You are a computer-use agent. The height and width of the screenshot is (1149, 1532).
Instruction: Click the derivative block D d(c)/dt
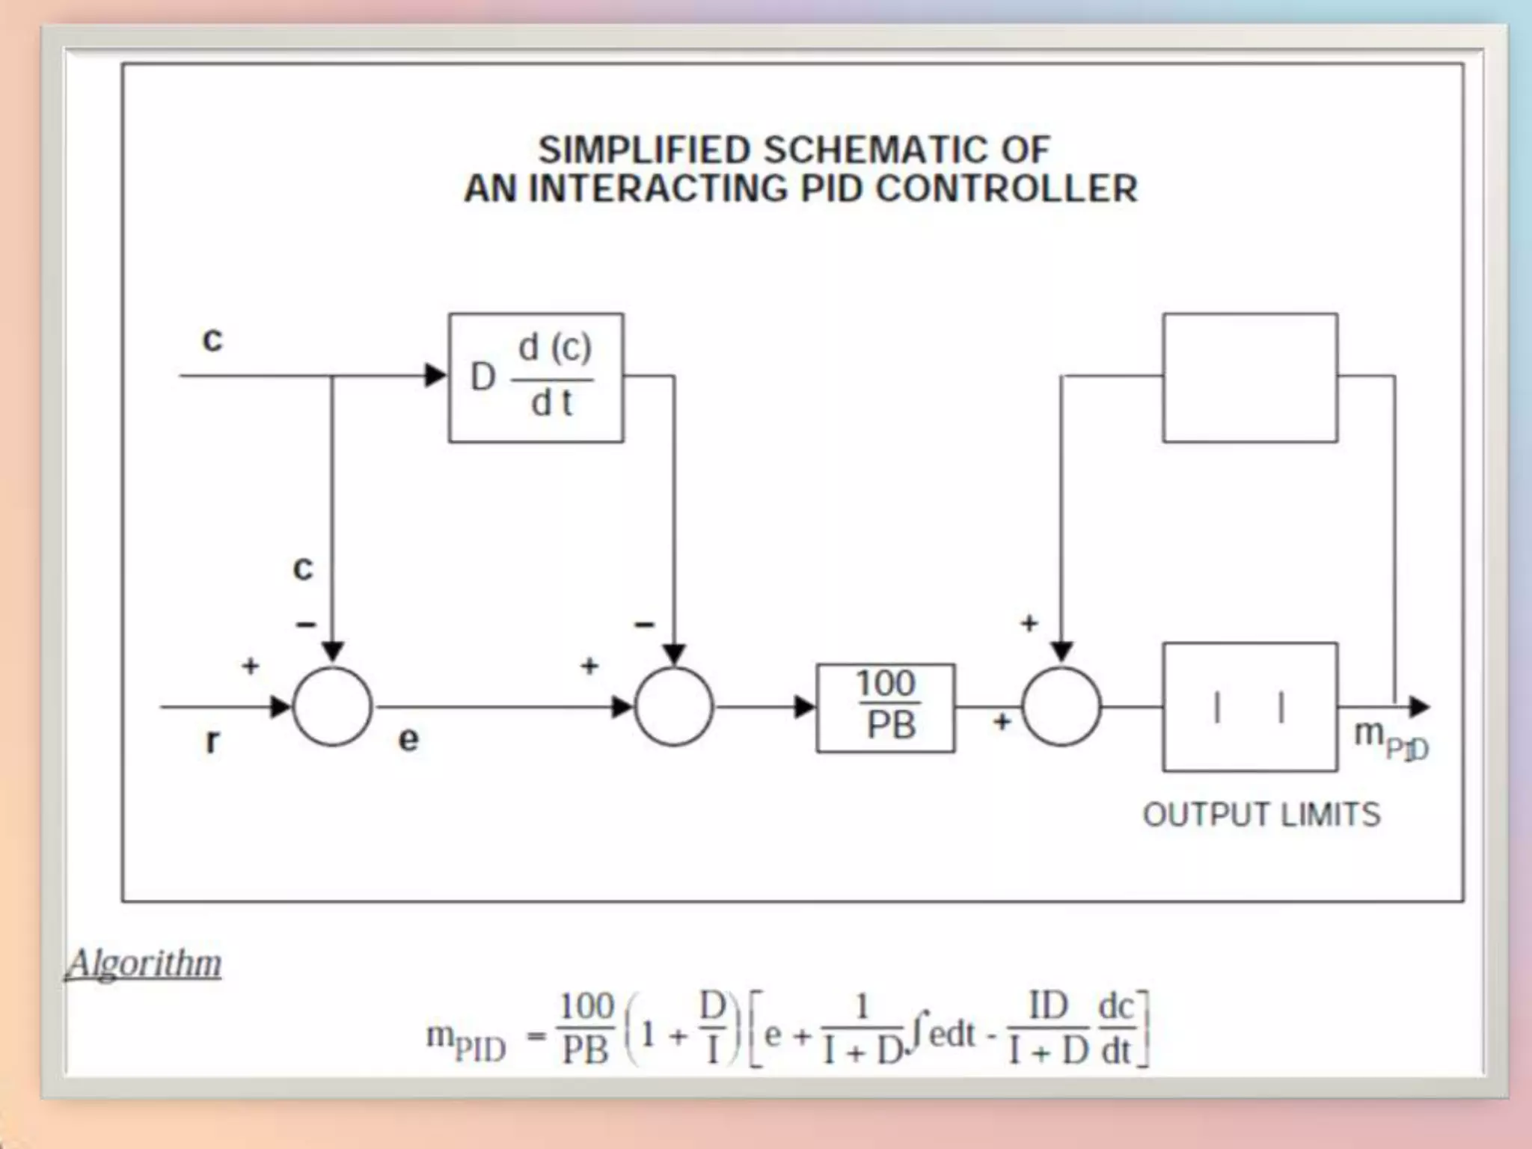(x=536, y=378)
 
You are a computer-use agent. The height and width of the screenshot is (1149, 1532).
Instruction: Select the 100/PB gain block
(x=885, y=708)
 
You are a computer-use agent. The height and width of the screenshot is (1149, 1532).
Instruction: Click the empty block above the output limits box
(x=1250, y=378)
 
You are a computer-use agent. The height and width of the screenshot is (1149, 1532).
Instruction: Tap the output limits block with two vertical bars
(x=1250, y=707)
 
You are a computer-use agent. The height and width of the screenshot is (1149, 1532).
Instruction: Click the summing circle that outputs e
(x=332, y=707)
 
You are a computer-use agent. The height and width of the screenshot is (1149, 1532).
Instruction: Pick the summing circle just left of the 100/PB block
(x=673, y=707)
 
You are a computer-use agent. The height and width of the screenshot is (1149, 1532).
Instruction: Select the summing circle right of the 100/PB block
(x=1061, y=707)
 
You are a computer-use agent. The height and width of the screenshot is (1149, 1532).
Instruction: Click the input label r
(x=212, y=741)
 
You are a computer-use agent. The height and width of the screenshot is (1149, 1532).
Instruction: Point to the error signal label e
(x=408, y=739)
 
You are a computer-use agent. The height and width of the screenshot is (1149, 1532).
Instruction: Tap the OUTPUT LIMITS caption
(x=1261, y=815)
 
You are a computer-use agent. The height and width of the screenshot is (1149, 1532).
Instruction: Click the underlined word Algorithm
(x=144, y=963)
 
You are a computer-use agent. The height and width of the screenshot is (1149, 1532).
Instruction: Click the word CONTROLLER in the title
(x=1006, y=189)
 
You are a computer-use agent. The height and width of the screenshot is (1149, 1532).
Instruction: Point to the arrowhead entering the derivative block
(x=435, y=376)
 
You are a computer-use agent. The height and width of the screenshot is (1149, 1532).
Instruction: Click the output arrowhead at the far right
(x=1419, y=707)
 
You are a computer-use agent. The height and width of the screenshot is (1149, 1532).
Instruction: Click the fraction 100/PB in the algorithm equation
(x=586, y=1027)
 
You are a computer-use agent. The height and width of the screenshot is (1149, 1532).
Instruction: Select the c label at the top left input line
(x=212, y=340)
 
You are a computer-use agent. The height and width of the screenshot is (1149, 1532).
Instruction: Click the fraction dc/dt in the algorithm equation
(x=1116, y=1027)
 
